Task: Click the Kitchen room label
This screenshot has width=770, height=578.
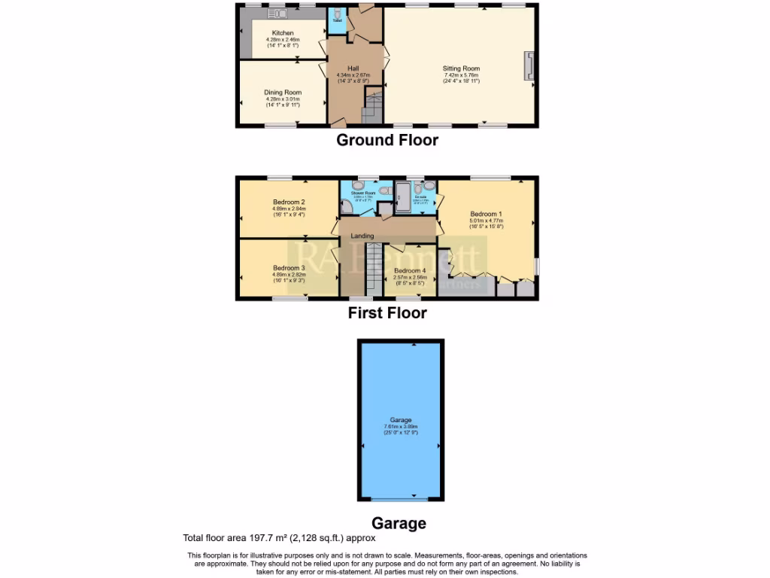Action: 283,32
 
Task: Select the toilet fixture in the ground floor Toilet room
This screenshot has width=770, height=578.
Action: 336,15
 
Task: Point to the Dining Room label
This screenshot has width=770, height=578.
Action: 283,92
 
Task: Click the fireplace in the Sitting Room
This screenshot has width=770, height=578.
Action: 529,66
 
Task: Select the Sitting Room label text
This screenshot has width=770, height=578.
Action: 461,68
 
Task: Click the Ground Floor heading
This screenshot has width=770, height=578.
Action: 387,140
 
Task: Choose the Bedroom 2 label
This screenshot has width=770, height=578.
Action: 288,202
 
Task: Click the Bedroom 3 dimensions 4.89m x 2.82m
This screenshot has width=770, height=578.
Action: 288,275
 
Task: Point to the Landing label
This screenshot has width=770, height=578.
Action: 362,236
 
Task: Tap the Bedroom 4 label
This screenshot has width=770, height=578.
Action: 411,270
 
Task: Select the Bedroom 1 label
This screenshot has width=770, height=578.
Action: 486,213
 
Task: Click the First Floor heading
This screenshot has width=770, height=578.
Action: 387,313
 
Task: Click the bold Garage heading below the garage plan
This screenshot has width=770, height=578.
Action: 399,523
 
